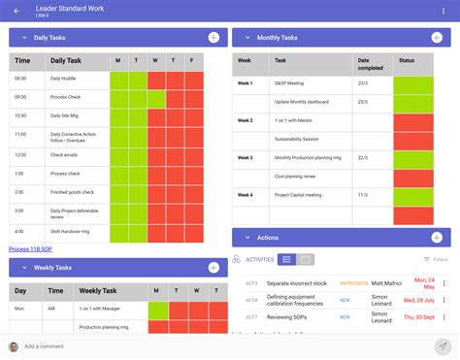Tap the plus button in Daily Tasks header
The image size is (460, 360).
pos(213,38)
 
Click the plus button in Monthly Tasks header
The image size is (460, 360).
pos(436,38)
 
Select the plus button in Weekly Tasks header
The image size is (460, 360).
pos(213,267)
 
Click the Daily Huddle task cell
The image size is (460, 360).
pos(63,78)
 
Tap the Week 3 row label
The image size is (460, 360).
pos(246,157)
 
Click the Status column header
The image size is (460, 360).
pos(407,60)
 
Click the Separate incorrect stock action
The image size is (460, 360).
pos(297,282)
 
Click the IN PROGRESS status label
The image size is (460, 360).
pos(353,282)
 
